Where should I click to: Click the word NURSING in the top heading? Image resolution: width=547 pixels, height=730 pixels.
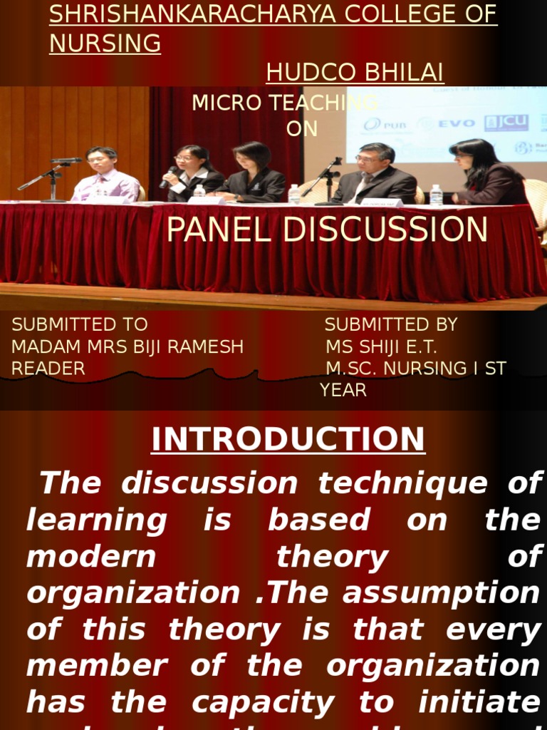[105, 43]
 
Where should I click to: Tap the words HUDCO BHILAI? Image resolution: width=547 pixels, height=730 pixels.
[355, 72]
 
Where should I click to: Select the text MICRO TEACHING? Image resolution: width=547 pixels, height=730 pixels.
[284, 103]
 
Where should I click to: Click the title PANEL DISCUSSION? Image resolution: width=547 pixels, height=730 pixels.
[327, 230]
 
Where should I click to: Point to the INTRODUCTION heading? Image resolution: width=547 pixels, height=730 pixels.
[288, 439]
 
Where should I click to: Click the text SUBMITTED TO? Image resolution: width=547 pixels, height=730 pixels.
[80, 325]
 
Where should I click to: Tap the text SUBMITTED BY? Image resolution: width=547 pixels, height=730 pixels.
[391, 325]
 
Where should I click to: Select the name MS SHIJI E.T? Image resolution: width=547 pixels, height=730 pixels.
[382, 347]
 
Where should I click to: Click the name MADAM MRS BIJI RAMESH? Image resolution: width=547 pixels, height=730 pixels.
[127, 347]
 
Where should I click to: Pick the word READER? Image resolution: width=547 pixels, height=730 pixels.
[48, 369]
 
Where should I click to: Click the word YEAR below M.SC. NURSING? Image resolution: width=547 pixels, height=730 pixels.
[343, 391]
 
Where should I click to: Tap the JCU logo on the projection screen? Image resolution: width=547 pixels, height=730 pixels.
[506, 123]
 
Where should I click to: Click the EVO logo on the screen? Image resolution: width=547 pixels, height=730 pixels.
[457, 124]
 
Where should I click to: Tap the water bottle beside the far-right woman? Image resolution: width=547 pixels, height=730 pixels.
[436, 195]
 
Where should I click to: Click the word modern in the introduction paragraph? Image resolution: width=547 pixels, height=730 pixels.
[90, 557]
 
